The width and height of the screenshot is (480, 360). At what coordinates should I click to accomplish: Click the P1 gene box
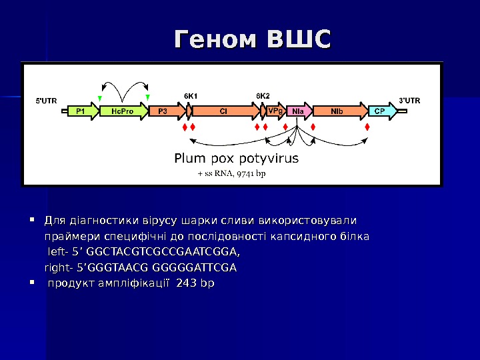(x=81, y=111)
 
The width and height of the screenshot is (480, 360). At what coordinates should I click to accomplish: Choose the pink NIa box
(x=298, y=111)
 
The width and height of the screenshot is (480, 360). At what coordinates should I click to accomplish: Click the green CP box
(x=379, y=111)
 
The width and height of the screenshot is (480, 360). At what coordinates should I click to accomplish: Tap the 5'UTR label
(x=46, y=101)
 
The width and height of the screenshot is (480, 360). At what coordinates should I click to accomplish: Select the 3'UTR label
(x=409, y=101)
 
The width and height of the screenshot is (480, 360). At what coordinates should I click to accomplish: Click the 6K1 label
(x=191, y=95)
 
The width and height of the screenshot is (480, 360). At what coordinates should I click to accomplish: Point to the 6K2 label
(x=263, y=95)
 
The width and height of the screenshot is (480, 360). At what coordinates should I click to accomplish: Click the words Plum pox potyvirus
(x=236, y=159)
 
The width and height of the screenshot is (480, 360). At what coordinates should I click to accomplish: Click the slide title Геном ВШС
(x=252, y=39)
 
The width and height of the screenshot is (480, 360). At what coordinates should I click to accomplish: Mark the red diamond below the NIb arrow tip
(x=367, y=127)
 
